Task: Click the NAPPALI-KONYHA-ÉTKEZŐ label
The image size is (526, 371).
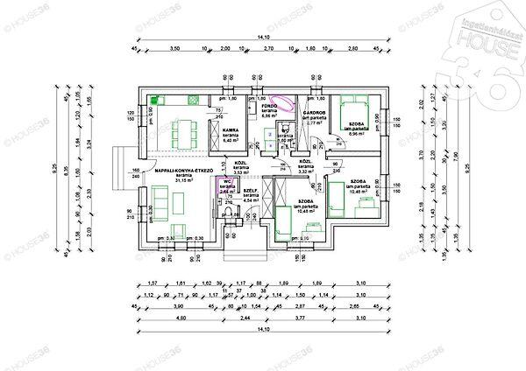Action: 184,171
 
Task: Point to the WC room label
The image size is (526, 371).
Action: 226,181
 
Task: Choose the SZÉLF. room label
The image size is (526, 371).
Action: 249,191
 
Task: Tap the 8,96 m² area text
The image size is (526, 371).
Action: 358,133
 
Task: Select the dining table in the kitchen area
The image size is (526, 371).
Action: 180,131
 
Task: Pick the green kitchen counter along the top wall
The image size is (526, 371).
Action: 175,101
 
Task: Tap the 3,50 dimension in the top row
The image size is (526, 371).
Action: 174,49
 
